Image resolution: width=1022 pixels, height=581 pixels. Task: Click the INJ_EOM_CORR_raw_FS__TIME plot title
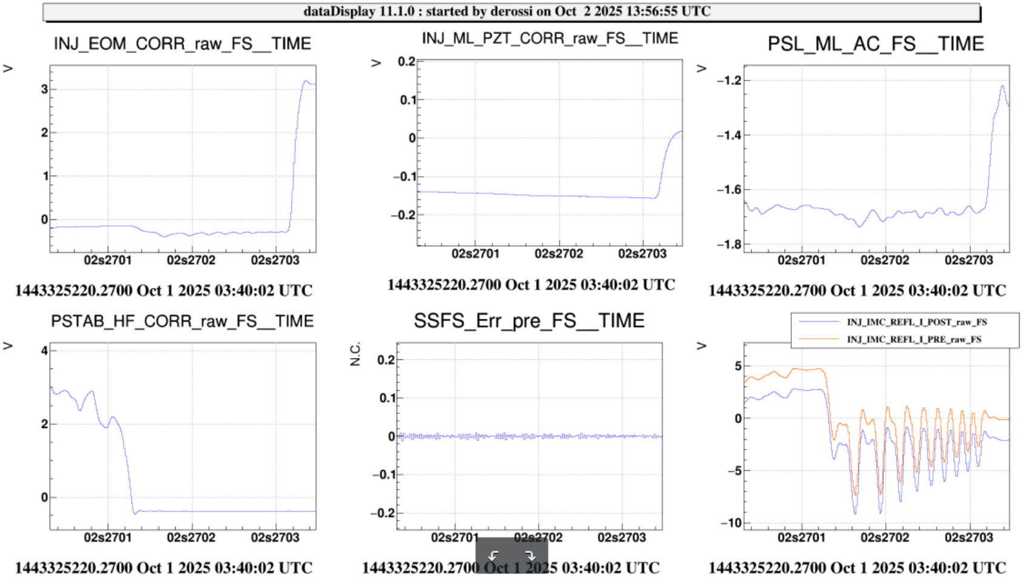(x=182, y=44)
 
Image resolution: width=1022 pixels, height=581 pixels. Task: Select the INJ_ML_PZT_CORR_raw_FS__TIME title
(x=550, y=38)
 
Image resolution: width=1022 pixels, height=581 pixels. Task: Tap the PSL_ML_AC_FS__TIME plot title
(x=875, y=44)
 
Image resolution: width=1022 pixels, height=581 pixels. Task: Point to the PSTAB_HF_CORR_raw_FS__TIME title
(x=182, y=321)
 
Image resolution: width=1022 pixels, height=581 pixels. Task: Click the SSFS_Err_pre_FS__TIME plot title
(x=529, y=320)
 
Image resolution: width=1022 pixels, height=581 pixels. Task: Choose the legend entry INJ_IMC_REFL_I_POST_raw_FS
(x=914, y=322)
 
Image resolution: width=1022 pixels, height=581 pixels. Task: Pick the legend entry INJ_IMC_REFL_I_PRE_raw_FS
(x=914, y=339)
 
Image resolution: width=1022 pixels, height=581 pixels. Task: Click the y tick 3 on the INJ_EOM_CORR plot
(x=44, y=89)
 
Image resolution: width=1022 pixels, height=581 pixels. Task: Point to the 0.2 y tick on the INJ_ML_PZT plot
(x=406, y=62)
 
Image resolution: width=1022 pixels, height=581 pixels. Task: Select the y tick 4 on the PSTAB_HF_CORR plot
(x=44, y=351)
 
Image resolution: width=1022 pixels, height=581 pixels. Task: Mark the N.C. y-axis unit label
(x=355, y=354)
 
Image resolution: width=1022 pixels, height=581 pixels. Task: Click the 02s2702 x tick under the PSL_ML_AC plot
(x=885, y=261)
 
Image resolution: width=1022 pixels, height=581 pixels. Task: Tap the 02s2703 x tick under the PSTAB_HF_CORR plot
(x=275, y=537)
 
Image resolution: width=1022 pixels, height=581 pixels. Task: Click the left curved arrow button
(x=494, y=556)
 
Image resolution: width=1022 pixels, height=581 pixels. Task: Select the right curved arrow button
(x=530, y=556)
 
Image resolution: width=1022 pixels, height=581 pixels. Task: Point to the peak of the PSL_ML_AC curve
(x=1003, y=86)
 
